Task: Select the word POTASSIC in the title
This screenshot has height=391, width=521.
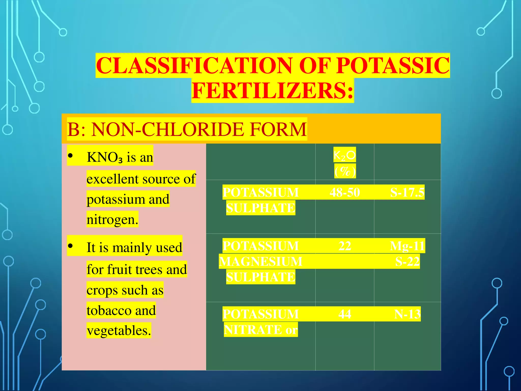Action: click(393, 66)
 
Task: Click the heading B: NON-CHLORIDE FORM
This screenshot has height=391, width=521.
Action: click(187, 129)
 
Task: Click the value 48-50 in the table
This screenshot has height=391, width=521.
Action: click(345, 192)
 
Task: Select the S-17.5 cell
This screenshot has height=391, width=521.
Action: click(407, 192)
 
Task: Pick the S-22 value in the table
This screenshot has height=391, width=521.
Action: click(407, 261)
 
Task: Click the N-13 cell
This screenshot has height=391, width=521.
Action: click(407, 314)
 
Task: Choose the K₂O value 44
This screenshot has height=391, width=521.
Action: click(345, 314)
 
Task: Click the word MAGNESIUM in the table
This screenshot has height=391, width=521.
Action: click(260, 261)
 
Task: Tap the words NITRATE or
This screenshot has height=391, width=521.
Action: click(261, 330)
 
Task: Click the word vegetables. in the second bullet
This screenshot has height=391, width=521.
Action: click(119, 331)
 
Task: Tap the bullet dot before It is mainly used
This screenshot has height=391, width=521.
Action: click(70, 246)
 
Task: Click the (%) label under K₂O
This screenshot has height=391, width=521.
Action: click(345, 171)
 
